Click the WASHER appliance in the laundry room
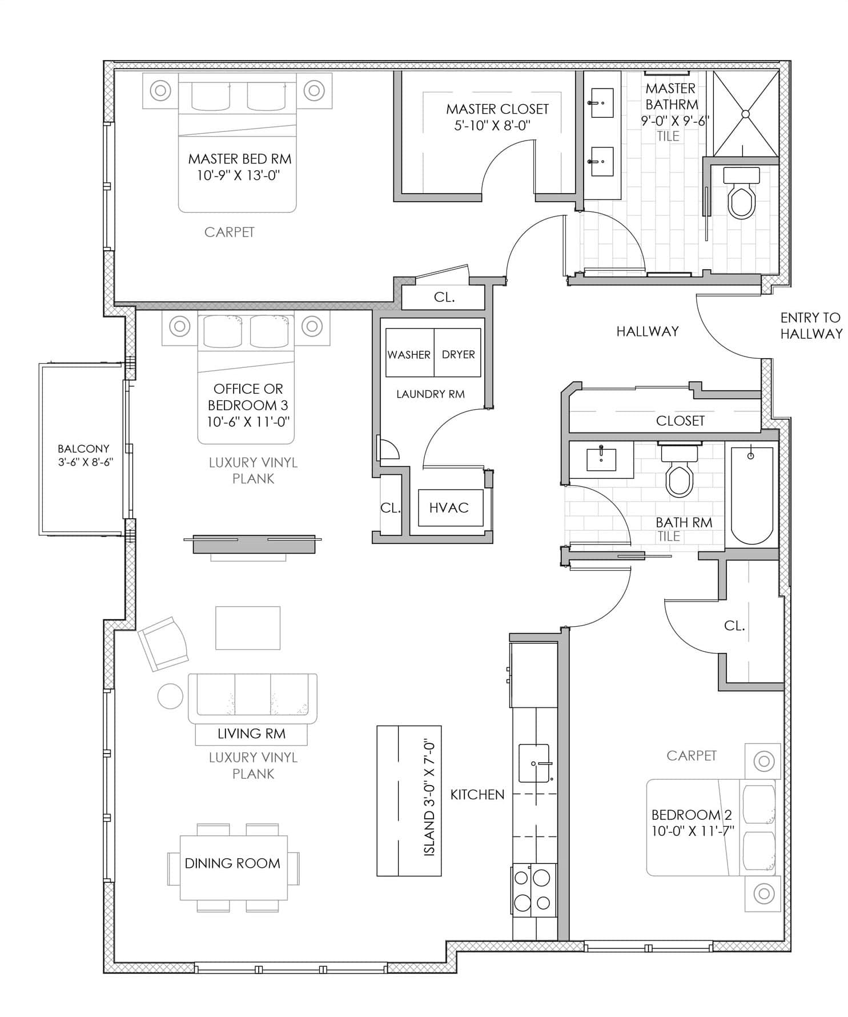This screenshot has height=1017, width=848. [x=409, y=353]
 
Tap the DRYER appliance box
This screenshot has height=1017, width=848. [x=457, y=353]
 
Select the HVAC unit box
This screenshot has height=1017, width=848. [x=448, y=508]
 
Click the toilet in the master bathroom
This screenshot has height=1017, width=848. [x=741, y=193]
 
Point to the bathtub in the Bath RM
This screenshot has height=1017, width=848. [x=751, y=495]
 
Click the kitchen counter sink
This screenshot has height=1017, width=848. [x=534, y=763]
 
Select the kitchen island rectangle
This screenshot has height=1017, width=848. [x=409, y=800]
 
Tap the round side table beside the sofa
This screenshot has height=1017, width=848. [x=170, y=696]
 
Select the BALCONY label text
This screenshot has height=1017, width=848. [x=83, y=449]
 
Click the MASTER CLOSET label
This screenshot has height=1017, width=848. [x=497, y=109]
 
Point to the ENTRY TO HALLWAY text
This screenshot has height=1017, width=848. [x=811, y=325]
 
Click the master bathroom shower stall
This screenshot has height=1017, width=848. [x=746, y=113]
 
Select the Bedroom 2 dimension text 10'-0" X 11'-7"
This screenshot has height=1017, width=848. [x=693, y=831]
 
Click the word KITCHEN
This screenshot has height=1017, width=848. [x=477, y=794]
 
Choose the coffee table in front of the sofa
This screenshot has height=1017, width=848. [x=248, y=628]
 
